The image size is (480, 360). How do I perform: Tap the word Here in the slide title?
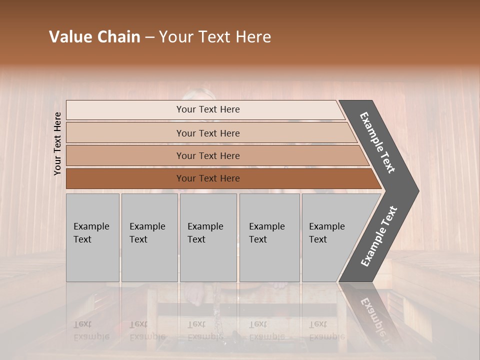coord(253,37)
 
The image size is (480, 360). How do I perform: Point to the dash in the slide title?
coord(149,37)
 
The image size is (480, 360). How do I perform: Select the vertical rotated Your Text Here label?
coord(57,143)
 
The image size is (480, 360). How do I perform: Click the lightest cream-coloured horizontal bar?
coord(205,110)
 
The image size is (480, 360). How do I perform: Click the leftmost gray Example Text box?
coord(92,237)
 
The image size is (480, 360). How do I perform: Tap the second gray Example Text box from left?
coord(149,237)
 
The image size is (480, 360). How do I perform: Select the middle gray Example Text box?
coord(208,237)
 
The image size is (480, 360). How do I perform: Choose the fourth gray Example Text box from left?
coord(269,237)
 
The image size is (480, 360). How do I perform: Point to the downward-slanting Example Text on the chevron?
coord(377,142)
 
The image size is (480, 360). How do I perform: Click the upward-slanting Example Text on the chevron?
coord(378,236)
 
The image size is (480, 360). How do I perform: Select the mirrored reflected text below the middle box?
coord(205,330)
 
